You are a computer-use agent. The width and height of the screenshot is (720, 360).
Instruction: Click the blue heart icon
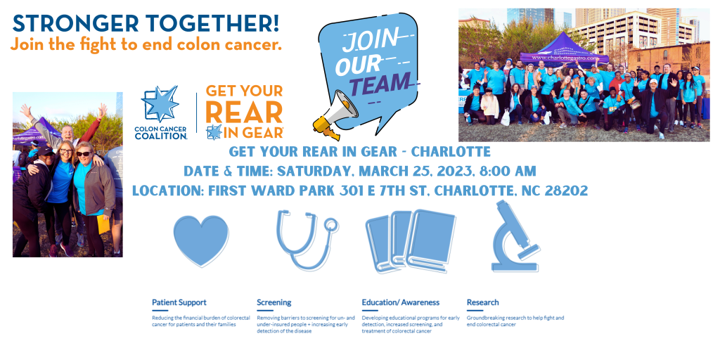(x=201, y=239)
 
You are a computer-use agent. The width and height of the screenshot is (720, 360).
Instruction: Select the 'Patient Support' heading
(x=179, y=302)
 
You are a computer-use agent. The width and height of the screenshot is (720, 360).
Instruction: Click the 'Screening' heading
(x=274, y=302)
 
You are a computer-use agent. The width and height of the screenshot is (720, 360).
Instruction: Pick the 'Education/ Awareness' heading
(x=400, y=302)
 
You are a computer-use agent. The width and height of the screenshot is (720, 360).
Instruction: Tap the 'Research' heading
(x=482, y=302)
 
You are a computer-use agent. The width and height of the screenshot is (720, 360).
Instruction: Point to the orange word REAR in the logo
(x=243, y=112)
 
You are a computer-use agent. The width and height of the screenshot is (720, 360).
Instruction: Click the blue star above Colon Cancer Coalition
(x=160, y=103)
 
